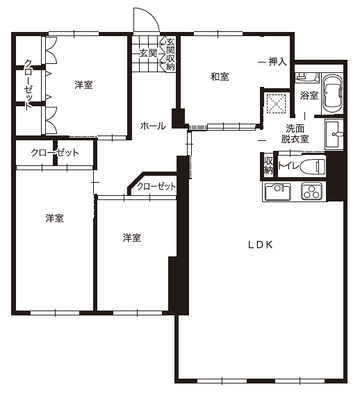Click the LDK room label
(261, 245)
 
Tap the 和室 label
(220, 76)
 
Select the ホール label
(153, 126)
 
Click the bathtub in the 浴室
(333, 94)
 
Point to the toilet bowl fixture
(313, 166)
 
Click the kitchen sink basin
(277, 192)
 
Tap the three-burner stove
(311, 192)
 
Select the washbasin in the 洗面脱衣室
(334, 134)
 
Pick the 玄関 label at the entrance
(148, 53)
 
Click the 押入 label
(277, 61)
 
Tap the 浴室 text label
(309, 95)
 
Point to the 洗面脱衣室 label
(295, 134)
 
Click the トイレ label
(288, 166)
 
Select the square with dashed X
(277, 104)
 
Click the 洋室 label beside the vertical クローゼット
(83, 85)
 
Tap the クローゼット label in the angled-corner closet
(156, 186)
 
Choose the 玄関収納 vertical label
(170, 54)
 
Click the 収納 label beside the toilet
(268, 165)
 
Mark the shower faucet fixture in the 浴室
(307, 77)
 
